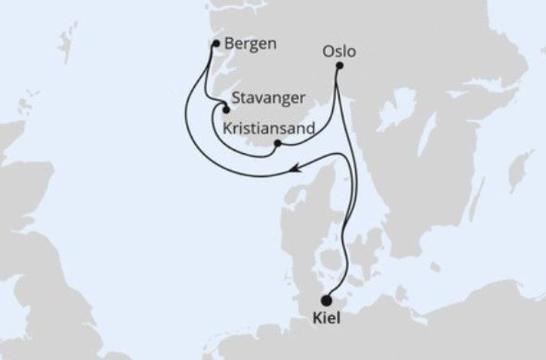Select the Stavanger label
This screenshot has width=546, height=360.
(x=268, y=97)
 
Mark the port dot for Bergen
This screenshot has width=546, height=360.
(x=216, y=43)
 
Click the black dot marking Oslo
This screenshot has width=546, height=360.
(x=339, y=66)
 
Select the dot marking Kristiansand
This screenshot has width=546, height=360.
(x=277, y=143)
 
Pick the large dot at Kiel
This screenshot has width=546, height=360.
(x=326, y=300)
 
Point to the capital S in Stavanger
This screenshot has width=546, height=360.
(x=237, y=97)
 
